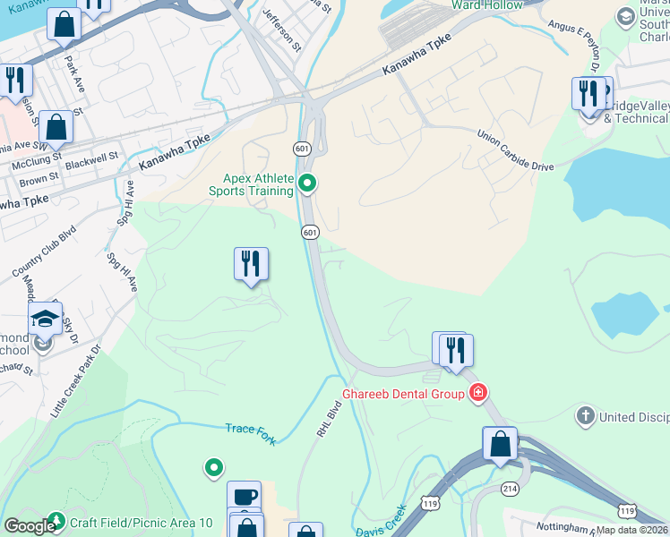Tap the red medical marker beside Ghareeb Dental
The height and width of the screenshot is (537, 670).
[479, 393]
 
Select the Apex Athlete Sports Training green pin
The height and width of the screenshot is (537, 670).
[308, 184]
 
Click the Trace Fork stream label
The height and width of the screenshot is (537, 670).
[252, 431]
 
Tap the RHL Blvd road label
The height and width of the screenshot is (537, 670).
[328, 419]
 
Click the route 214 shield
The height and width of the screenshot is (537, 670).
[509, 488]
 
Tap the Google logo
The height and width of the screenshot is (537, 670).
[29, 526]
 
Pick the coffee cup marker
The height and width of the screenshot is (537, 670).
[244, 496]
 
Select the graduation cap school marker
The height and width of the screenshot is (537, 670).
[45, 318]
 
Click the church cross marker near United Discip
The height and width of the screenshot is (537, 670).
[585, 416]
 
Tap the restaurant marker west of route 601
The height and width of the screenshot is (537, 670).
[252, 264]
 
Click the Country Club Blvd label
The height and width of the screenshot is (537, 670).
[42, 251]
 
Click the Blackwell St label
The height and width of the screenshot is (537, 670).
[92, 158]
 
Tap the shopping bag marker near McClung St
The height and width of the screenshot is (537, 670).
[56, 128]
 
